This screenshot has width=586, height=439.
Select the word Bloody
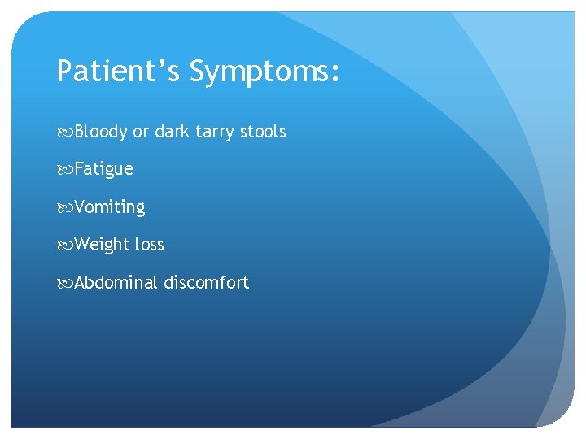[x=101, y=132]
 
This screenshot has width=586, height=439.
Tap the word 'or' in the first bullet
[x=141, y=132]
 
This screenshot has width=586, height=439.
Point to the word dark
[x=171, y=132]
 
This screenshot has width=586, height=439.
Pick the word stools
[x=264, y=132]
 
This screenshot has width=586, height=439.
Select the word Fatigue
[x=103, y=170]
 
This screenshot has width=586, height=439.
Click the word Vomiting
[x=110, y=208]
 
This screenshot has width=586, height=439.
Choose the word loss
[x=150, y=245]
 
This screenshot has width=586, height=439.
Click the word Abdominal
[x=116, y=283]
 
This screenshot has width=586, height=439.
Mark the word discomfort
[x=206, y=283]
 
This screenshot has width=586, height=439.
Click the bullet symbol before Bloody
[x=64, y=133]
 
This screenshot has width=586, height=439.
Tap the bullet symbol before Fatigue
[x=64, y=170]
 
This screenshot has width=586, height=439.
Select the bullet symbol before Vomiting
[x=64, y=208]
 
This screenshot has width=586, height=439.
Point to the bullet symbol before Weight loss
[x=64, y=246]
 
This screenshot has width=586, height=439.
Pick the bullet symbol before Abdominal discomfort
[x=64, y=284]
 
